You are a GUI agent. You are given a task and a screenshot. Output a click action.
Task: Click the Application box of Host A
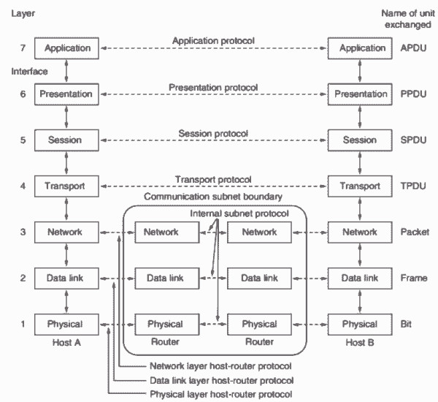(66, 48)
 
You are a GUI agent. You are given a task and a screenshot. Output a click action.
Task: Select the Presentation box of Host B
(360, 94)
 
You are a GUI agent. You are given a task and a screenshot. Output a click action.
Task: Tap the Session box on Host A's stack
(66, 140)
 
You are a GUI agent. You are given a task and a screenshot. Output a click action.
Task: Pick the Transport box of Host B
(360, 186)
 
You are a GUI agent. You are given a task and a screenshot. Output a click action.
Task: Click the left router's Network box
(167, 232)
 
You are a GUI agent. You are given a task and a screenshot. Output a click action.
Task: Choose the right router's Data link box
(259, 278)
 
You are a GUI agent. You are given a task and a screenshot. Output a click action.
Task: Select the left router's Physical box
(167, 325)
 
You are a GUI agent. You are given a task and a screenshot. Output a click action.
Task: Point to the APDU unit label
(413, 48)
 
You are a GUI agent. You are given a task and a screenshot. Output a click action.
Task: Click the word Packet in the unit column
(415, 232)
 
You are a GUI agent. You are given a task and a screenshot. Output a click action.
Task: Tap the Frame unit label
(414, 278)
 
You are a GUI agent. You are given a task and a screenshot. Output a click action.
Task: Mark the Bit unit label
(406, 324)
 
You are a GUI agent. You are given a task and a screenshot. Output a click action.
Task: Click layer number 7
(23, 48)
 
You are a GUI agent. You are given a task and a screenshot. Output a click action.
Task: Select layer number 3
(23, 232)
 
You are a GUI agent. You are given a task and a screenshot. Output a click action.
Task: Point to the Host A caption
(66, 342)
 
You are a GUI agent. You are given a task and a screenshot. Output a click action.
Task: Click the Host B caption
(360, 342)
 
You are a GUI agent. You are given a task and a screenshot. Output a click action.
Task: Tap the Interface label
(29, 72)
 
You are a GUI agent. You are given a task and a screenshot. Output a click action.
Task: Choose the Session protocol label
(213, 134)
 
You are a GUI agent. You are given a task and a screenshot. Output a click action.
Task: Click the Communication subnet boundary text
(213, 197)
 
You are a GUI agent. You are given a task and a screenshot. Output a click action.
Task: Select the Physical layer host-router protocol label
(221, 394)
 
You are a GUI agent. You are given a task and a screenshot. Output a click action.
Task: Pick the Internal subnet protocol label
(239, 213)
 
